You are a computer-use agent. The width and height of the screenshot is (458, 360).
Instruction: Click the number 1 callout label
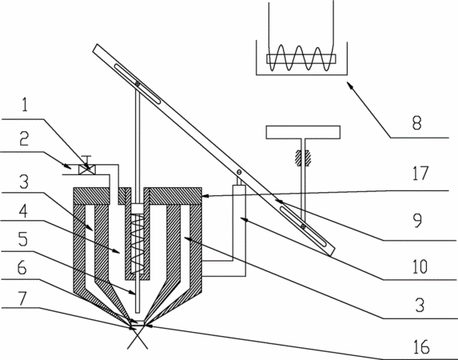point(25,105)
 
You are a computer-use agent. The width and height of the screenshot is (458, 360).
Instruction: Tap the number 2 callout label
point(24,138)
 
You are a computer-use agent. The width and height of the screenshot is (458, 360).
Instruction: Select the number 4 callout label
point(23,211)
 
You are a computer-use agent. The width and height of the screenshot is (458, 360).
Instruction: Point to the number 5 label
point(23,239)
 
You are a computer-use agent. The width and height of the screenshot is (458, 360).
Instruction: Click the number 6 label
point(22,267)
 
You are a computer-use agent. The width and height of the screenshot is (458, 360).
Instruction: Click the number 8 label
point(417,123)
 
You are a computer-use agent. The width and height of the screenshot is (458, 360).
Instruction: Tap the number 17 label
point(420,173)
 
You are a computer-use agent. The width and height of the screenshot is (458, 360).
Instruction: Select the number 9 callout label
point(418,221)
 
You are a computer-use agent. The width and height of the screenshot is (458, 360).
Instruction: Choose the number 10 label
point(420,266)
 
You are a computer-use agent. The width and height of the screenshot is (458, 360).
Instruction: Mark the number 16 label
point(421,347)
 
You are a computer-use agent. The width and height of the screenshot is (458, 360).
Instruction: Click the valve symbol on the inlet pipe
point(87,170)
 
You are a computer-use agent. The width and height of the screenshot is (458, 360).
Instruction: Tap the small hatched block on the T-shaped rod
point(304,158)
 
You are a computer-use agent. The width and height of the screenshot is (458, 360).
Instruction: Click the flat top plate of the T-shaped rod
point(303,132)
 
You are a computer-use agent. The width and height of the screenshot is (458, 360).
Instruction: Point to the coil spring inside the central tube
point(137,243)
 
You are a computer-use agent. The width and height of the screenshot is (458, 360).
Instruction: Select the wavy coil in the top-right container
point(300,58)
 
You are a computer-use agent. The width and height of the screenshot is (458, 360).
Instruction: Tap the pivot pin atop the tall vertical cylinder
point(239,172)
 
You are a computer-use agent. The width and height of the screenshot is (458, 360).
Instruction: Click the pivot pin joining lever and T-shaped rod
point(304,226)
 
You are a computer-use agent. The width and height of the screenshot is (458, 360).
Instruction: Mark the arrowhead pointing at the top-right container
point(351,85)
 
